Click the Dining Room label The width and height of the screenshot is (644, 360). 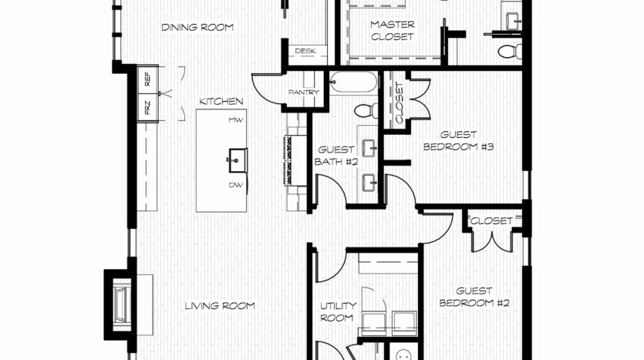[x=197, y=28]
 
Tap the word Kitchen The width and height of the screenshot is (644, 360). [x=221, y=102]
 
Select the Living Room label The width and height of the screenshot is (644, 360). [x=220, y=306]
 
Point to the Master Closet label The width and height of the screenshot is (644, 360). [x=393, y=30]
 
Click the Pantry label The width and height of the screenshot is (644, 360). [x=304, y=93]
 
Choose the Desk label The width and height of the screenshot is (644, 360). [x=305, y=51]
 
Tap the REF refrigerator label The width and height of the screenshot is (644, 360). [x=147, y=79]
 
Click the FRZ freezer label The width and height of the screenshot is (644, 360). [x=147, y=108]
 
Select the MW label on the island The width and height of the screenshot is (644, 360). [x=236, y=120]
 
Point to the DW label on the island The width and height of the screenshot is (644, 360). [x=236, y=186]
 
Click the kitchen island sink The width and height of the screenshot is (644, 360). [x=237, y=160]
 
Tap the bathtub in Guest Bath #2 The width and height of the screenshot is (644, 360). [x=354, y=82]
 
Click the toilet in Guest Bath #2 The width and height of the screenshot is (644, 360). [x=366, y=110]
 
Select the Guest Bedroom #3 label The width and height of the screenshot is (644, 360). [x=458, y=141]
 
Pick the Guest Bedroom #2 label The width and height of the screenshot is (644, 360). [x=474, y=297]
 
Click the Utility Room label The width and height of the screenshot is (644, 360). [x=338, y=311]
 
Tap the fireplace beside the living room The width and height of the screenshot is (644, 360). [x=120, y=304]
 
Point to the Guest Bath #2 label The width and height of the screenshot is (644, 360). [x=336, y=156]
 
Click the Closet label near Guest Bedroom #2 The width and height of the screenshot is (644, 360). [x=491, y=220]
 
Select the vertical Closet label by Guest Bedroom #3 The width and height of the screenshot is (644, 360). [x=400, y=103]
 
